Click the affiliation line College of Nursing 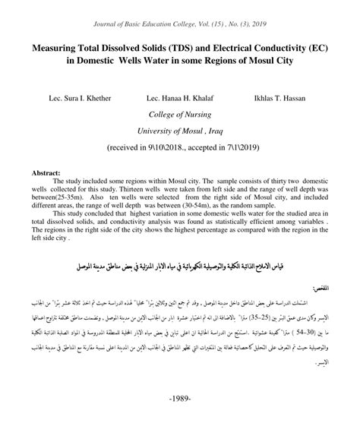click(179, 115)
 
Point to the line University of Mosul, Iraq click(179, 130)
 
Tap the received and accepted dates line click(179, 147)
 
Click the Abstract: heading click(45, 172)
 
